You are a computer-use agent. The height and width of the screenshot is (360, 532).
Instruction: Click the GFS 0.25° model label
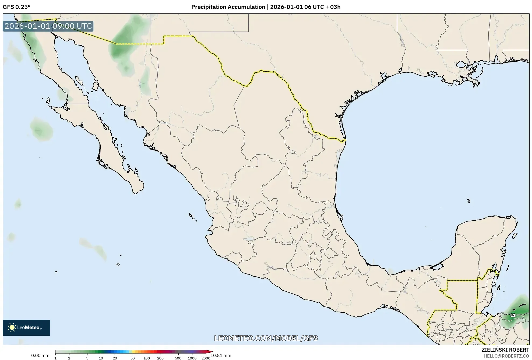click(16, 7)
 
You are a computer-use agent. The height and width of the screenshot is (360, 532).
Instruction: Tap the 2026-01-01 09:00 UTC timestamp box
click(48, 26)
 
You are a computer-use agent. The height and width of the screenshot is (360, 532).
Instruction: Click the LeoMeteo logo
click(26, 327)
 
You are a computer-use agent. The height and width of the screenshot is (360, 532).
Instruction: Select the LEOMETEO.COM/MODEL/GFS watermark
click(266, 338)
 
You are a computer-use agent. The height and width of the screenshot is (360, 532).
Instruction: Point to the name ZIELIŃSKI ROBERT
click(505, 350)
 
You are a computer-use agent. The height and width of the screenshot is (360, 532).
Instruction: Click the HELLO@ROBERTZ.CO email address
click(506, 356)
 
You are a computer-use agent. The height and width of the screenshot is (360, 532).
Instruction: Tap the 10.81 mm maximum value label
click(221, 355)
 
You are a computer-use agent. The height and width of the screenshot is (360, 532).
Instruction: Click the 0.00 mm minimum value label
click(40, 355)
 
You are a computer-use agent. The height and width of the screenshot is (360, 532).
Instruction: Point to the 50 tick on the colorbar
click(132, 358)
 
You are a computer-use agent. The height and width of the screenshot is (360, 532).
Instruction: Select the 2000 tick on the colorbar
click(206, 358)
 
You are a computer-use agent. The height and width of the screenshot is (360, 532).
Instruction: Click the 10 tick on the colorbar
click(101, 358)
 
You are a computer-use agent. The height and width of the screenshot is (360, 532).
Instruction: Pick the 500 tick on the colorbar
click(178, 358)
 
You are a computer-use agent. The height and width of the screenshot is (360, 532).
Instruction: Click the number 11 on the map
click(513, 315)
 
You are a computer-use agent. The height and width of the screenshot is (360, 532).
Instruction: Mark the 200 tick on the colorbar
click(160, 358)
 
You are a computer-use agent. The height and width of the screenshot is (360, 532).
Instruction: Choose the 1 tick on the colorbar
click(55, 358)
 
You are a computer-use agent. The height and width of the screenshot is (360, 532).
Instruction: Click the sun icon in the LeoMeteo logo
click(12, 327)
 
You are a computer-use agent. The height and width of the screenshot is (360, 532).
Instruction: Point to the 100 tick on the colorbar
click(147, 358)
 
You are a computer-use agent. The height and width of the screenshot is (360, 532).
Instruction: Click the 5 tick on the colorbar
click(87, 358)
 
